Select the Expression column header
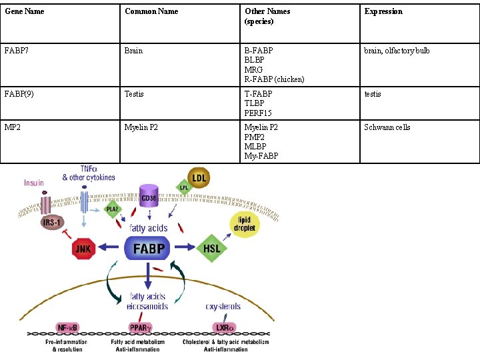click(383, 11)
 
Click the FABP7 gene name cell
click(17, 51)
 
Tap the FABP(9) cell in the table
click(18, 94)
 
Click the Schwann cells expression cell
click(387, 127)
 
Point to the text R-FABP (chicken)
click(274, 79)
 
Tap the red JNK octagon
click(84, 249)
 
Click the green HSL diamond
click(211, 248)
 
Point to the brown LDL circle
click(199, 177)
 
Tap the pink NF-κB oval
click(67, 328)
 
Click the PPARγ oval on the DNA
click(141, 328)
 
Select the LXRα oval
click(224, 328)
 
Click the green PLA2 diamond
click(112, 209)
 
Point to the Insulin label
click(34, 183)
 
